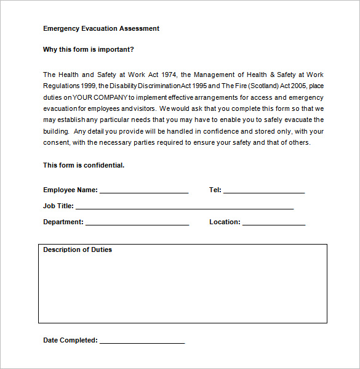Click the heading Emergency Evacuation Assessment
(101, 28)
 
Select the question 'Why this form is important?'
(88, 49)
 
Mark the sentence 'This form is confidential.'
(84, 165)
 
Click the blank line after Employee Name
(144, 192)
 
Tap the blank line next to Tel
(264, 192)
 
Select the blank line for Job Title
(185, 208)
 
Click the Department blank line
(137, 224)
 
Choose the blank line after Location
(274, 224)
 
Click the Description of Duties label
(78, 249)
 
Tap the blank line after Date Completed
(142, 343)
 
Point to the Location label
(225, 222)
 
